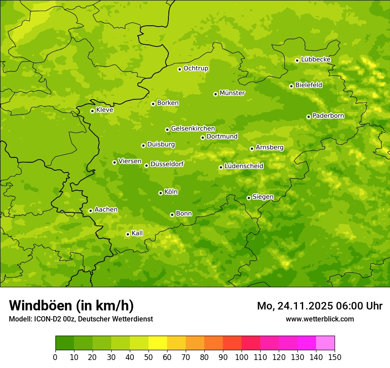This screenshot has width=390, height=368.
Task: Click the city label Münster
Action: coord(232,93)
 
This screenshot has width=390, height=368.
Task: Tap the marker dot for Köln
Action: coord(160,193)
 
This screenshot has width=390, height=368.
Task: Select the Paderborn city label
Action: coord(328,116)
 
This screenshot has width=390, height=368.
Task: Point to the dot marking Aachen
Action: coord(90,211)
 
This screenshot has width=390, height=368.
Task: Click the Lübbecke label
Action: coord(316,59)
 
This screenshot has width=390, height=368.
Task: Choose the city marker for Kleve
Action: coord(92,111)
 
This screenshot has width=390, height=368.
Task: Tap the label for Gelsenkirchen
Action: coord(193,129)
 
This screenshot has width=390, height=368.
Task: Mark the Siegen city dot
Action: coord(249,198)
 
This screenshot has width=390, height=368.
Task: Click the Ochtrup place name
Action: coord(195,68)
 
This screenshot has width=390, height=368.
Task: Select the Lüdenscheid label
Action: coord(244,166)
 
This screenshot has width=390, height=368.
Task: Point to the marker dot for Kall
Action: coord(128,234)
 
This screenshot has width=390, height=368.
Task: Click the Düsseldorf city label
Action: coord(167,164)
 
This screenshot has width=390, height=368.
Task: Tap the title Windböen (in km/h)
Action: coord(71,305)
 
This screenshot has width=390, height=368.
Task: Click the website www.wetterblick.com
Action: coord(320,319)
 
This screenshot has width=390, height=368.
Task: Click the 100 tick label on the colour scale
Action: coord(241,357)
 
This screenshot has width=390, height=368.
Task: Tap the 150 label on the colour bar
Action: coord(334,357)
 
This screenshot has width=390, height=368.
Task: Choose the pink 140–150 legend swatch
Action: coord(325,343)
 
